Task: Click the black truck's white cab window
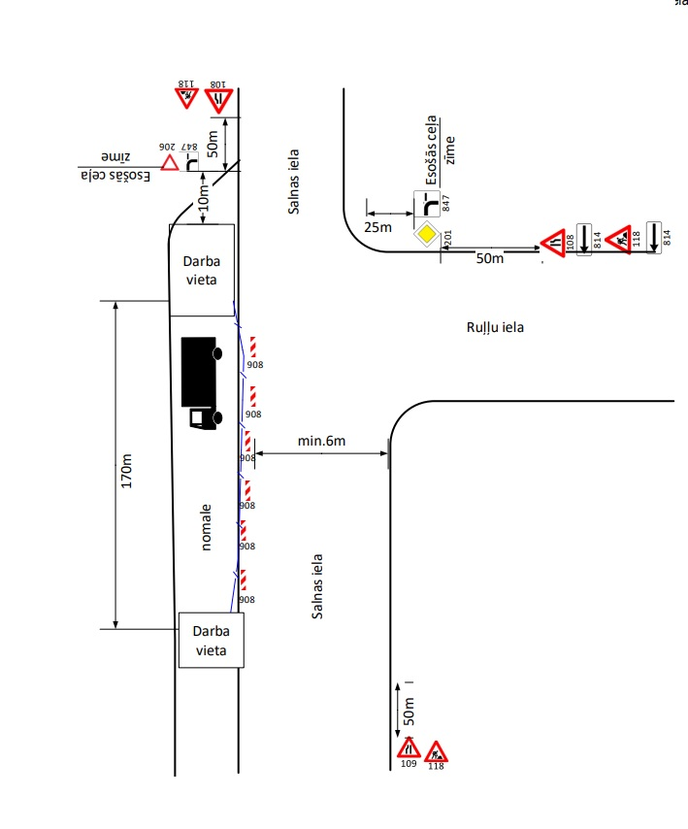199,416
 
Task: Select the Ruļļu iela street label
495,328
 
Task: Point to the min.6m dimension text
322,442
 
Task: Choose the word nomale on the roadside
206,527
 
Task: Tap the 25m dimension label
378,226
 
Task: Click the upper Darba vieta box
202,270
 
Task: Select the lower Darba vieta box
209,641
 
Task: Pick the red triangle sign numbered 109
410,749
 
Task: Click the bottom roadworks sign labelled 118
436,750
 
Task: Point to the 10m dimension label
205,198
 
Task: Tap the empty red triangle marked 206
170,163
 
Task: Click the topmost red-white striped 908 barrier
252,347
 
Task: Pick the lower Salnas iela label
316,586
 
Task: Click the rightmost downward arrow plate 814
654,236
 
